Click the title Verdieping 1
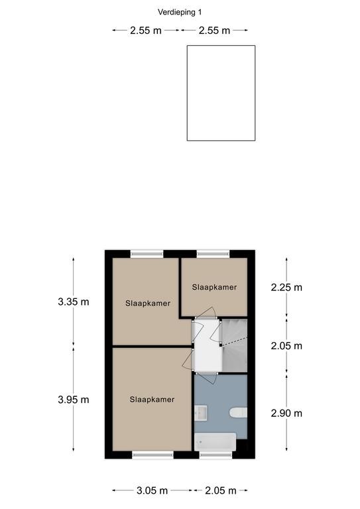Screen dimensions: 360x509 tap(180, 13)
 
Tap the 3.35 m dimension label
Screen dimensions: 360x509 tap(74, 302)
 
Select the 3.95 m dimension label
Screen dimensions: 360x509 tap(74, 400)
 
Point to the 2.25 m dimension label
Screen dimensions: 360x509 tap(286, 287)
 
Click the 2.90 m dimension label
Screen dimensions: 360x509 tap(286, 414)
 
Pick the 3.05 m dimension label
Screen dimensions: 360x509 tap(152, 490)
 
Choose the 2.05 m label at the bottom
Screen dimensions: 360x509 tap(220, 490)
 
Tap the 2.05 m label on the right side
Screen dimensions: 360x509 tap(286, 346)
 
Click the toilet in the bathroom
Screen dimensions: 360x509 tap(238, 413)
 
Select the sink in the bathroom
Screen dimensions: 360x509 tap(201, 413)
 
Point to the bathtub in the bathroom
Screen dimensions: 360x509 tap(215, 442)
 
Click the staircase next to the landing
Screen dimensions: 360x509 tap(235, 345)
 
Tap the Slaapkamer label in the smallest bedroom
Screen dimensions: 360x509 tap(214, 287)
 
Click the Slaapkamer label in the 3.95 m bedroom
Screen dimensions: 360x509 tap(152, 400)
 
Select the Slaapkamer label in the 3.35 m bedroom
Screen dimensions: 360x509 tap(148, 304)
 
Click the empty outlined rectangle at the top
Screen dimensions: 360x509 tap(221, 93)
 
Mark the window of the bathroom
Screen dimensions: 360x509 tap(216, 455)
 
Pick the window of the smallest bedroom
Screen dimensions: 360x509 tap(213, 254)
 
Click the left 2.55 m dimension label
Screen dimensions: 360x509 tap(146, 30)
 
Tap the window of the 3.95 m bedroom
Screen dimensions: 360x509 tap(153, 455)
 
